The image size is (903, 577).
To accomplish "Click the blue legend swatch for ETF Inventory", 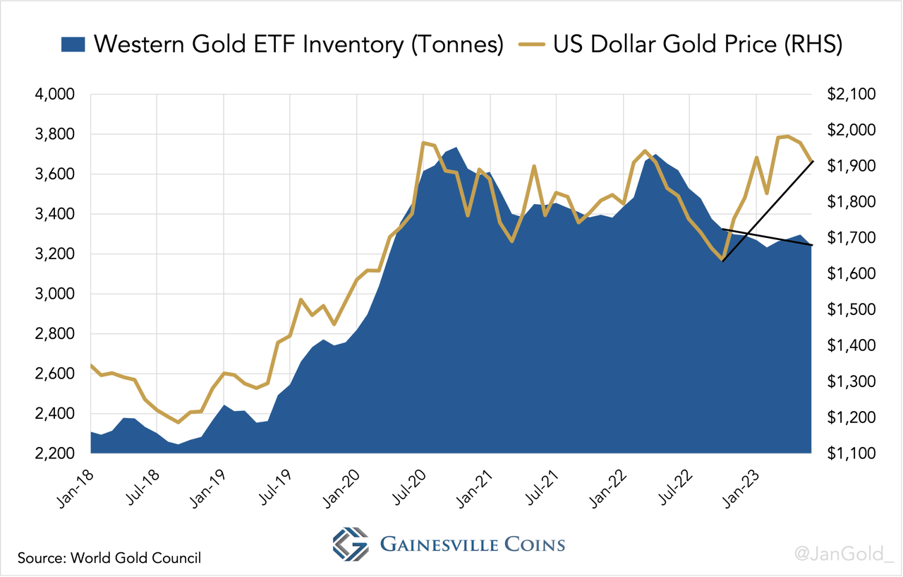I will pyautogui.click(x=73, y=44).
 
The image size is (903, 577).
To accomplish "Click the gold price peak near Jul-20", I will pyautogui.click(x=423, y=143).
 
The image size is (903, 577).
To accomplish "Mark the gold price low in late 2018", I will pyautogui.click(x=178, y=422).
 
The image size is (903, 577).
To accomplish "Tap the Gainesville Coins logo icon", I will pyautogui.click(x=351, y=545).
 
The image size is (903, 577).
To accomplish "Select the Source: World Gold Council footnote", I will pyautogui.click(x=109, y=558).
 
